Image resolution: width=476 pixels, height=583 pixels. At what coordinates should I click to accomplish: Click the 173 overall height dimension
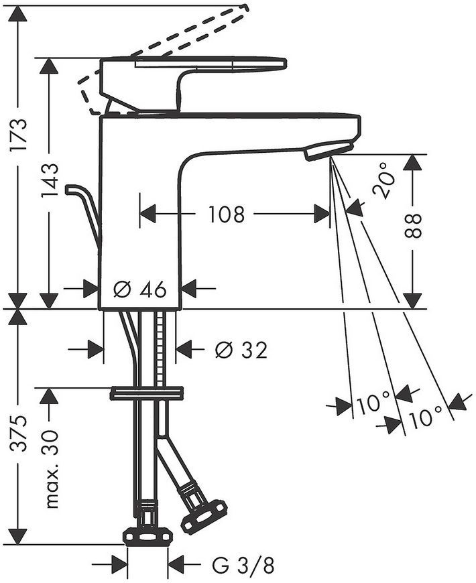pyautogui.click(x=19, y=134)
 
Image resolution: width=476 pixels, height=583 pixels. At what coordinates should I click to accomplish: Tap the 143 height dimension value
pyautogui.click(x=50, y=180)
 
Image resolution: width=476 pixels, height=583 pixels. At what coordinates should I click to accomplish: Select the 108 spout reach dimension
pyautogui.click(x=227, y=214)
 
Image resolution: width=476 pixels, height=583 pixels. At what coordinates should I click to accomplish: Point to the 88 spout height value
pyautogui.click(x=413, y=226)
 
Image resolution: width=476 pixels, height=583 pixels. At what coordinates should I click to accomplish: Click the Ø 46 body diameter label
pyautogui.click(x=140, y=289)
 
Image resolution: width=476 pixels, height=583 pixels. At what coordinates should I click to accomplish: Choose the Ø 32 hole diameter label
pyautogui.click(x=241, y=350)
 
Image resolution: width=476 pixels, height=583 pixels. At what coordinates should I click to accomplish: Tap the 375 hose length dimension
pyautogui.click(x=19, y=434)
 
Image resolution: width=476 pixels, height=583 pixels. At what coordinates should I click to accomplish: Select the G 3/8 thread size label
pyautogui.click(x=243, y=566)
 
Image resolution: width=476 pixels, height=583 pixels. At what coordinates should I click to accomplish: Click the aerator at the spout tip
pyautogui.click(x=328, y=151)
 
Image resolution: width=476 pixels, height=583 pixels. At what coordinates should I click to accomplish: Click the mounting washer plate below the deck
pyautogui.click(x=147, y=393)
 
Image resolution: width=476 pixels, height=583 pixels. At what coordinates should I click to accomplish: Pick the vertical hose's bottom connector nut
pyautogui.click(x=148, y=536)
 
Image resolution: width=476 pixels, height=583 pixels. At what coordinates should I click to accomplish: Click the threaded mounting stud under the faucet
pyautogui.click(x=160, y=349)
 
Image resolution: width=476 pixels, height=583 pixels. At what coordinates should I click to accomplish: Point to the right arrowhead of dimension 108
pyautogui.click(x=322, y=214)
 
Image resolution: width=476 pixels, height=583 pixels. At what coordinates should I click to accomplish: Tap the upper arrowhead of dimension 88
pyautogui.click(x=413, y=164)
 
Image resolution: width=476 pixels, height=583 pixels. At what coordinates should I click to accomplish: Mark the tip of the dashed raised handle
pyautogui.click(x=245, y=7)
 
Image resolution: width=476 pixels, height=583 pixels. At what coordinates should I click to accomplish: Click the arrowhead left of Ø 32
pyautogui.click(x=96, y=349)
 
